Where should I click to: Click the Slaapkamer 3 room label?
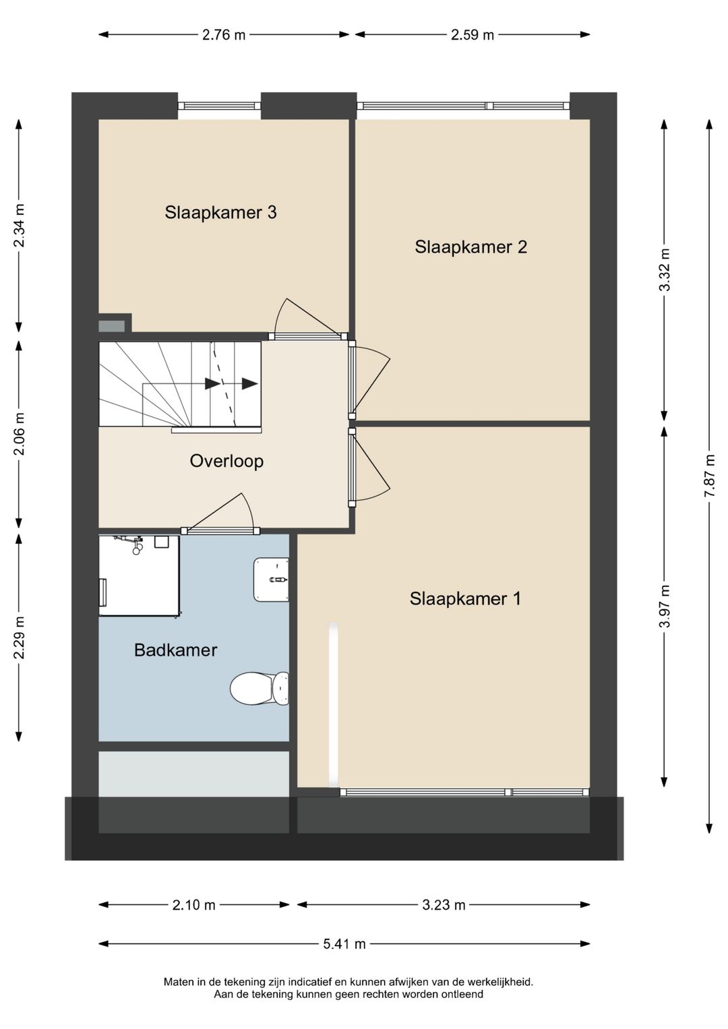coord(220,213)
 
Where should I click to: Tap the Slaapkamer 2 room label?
coord(471,247)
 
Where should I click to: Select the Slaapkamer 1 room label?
coord(465,599)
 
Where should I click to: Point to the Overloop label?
coord(226,461)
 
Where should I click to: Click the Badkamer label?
coord(175,650)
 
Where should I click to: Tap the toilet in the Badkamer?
coord(260,687)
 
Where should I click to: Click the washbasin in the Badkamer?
coord(271,580)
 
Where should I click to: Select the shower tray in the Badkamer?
coord(140,575)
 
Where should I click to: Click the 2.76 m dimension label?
coord(224,35)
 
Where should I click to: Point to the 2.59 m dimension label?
coord(472,35)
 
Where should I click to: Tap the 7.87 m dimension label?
coord(710,476)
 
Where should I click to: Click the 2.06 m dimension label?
coord(19,434)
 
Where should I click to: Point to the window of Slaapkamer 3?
coord(219,106)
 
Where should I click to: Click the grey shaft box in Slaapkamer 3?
coord(112,326)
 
